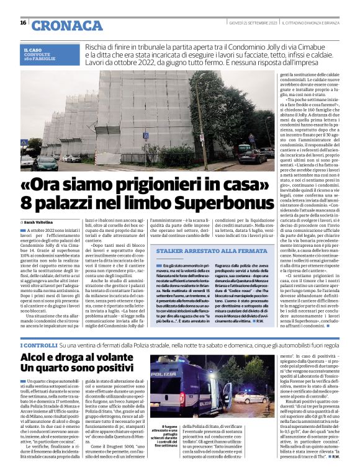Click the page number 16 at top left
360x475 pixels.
[23, 23]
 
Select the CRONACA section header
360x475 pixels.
[66, 25]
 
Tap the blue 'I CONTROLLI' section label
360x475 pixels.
[39, 344]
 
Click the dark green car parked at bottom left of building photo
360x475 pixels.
[45, 163]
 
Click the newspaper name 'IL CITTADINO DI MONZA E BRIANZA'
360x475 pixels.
[308, 23]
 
